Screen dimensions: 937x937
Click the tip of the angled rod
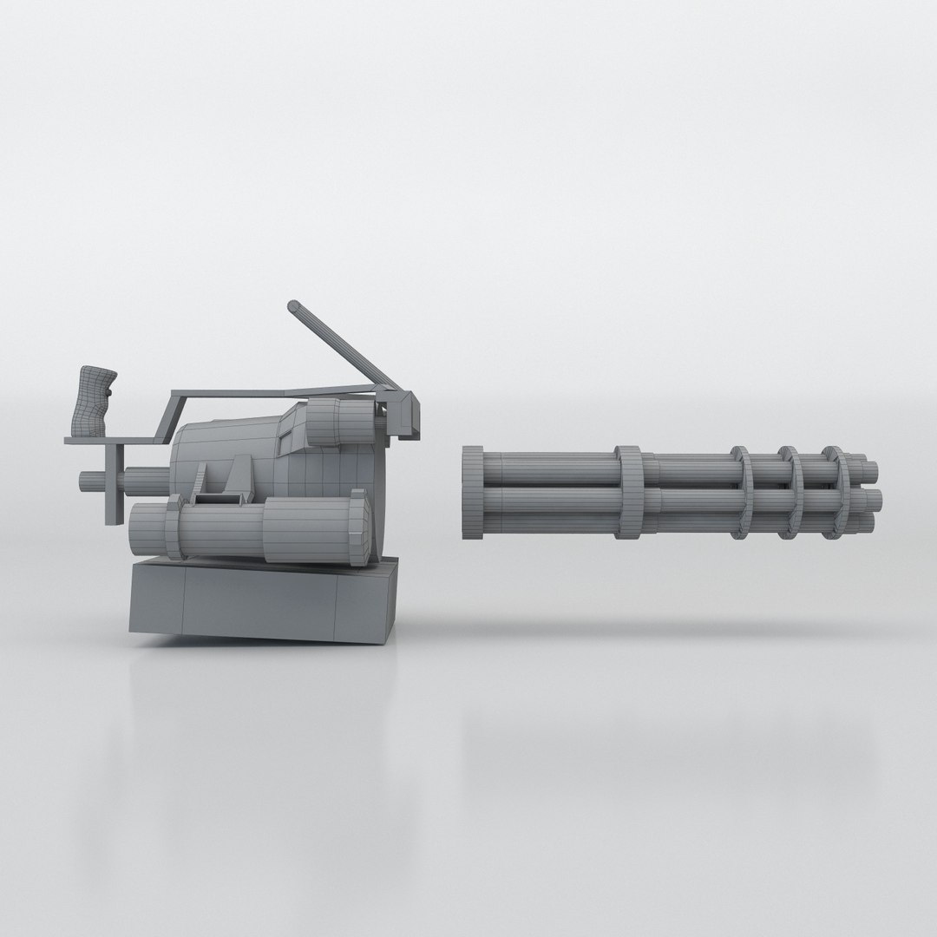(295, 306)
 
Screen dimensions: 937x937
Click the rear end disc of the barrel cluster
(473, 494)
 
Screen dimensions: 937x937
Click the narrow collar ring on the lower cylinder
(173, 531)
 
